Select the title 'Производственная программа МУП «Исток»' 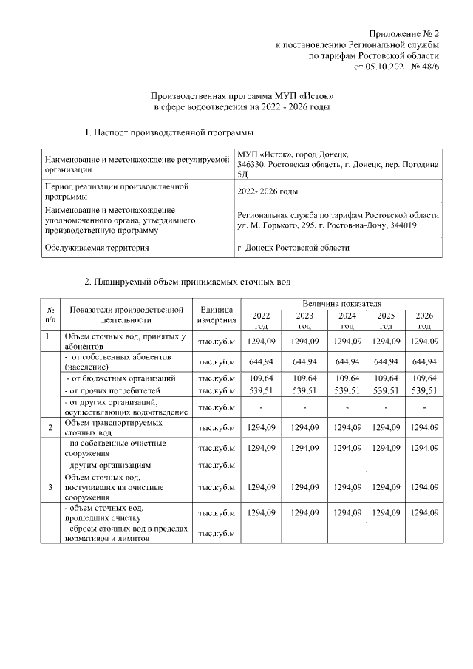click(242, 96)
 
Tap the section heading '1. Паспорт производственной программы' click(169, 132)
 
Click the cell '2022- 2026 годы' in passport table click(268, 191)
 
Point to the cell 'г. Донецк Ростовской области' click(294, 248)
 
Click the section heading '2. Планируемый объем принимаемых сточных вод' click(188, 282)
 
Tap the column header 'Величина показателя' click(341, 304)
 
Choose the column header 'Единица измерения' click(216, 314)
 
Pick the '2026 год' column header click(424, 320)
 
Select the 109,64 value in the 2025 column click(385, 378)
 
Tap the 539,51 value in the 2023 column click(304, 390)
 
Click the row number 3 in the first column click(50, 487)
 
